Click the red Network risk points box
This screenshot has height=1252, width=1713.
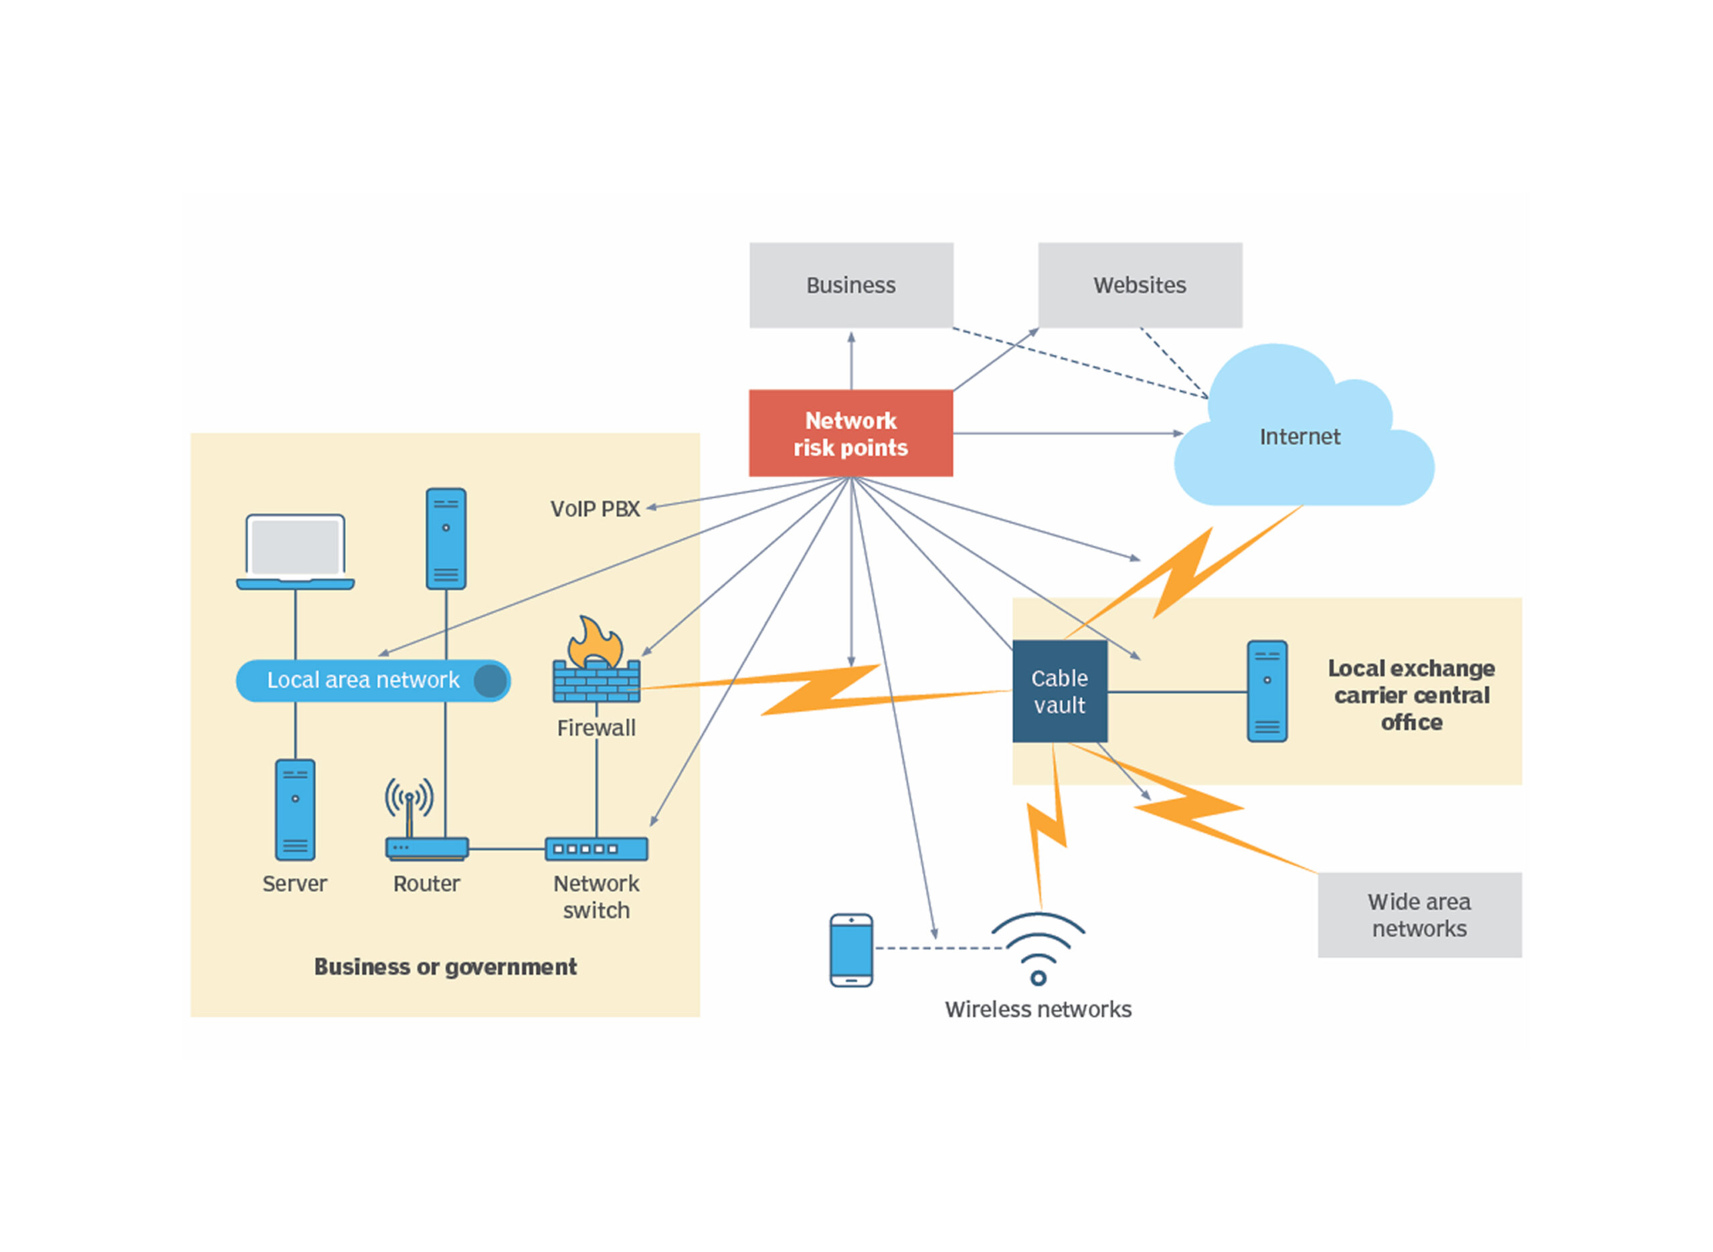(x=850, y=433)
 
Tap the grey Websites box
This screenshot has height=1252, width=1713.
(x=1140, y=285)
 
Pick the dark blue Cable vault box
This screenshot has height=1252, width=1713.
(x=1059, y=691)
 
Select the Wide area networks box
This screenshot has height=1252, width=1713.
(x=1419, y=915)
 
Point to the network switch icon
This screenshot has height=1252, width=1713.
(x=596, y=848)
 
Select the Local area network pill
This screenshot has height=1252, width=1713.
(x=372, y=681)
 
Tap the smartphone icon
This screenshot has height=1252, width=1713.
(x=851, y=950)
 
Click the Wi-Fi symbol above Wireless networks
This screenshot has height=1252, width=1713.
(x=1038, y=948)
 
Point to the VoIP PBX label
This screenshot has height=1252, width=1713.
(x=595, y=509)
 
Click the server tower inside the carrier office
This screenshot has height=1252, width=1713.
(x=1267, y=691)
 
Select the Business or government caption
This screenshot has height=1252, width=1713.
(x=446, y=967)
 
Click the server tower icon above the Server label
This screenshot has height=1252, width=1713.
(x=294, y=810)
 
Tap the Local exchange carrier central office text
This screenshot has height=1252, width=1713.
(x=1411, y=695)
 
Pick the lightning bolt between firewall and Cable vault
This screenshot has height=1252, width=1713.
(x=818, y=691)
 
